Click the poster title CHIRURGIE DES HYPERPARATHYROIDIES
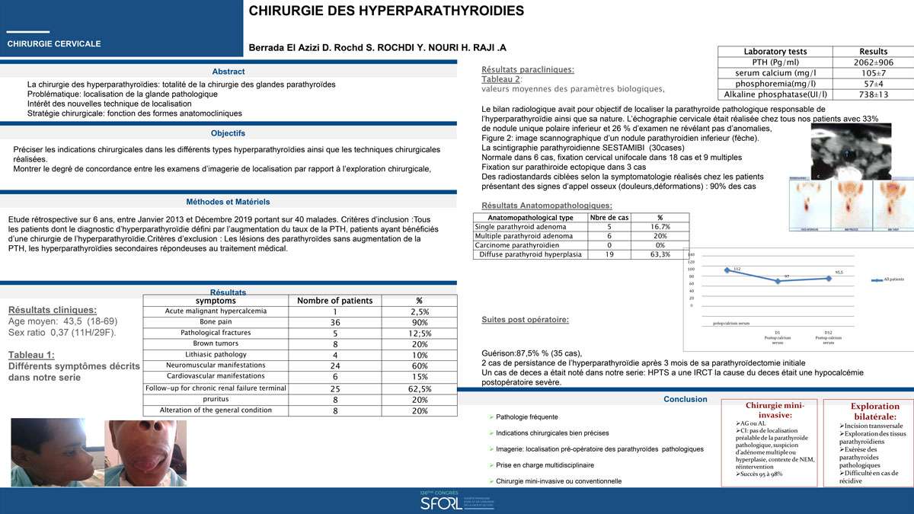386,11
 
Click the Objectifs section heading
228,133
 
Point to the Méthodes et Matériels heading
228,202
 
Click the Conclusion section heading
685,399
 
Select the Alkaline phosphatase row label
775,94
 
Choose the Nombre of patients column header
334,301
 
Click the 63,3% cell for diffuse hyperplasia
660,254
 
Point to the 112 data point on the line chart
727,270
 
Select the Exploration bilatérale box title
864,411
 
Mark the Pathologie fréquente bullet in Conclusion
526,417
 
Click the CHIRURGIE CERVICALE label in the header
54,44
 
